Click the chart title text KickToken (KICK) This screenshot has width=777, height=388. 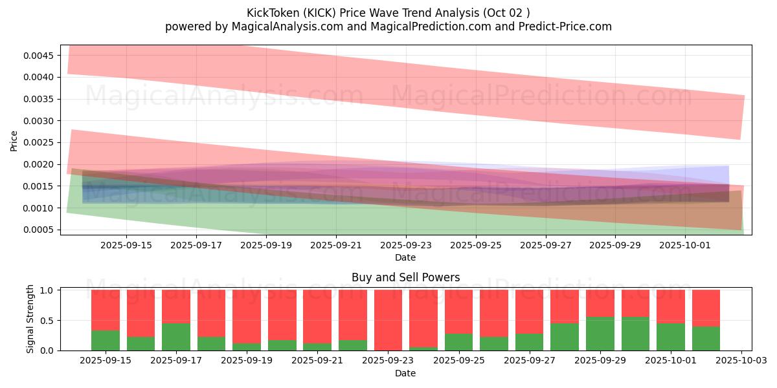coord(292,13)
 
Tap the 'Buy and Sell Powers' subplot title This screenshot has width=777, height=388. coord(405,277)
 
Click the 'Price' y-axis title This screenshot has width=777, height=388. coord(14,141)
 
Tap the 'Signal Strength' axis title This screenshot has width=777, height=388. coord(30,319)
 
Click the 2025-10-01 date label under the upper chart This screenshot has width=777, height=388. coord(685,245)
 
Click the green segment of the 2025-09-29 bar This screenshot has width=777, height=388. coord(600,334)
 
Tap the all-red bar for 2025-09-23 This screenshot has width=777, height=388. coord(388,320)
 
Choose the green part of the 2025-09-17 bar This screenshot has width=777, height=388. coord(176,337)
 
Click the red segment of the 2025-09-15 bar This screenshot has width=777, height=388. coord(106,310)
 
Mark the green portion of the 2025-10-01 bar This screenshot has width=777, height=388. coord(671,337)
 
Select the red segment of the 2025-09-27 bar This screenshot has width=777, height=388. coord(530,311)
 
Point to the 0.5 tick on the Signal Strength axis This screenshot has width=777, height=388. coord(50,321)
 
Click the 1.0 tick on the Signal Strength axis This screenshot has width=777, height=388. coord(50,290)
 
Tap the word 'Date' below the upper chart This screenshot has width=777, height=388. coord(405,257)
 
